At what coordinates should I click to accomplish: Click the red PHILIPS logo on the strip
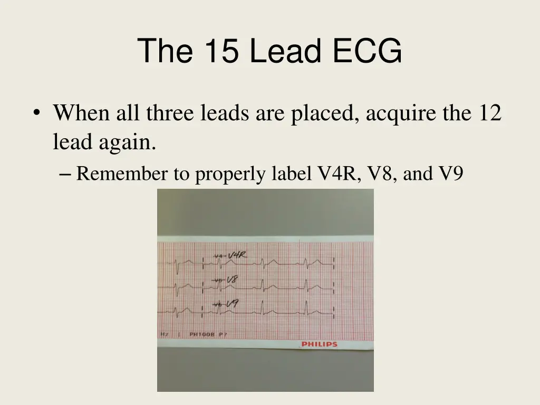click(319, 344)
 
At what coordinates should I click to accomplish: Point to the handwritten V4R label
click(237, 256)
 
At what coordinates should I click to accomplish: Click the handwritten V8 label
click(232, 280)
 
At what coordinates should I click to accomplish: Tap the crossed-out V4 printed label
click(218, 256)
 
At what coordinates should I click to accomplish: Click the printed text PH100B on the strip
click(202, 335)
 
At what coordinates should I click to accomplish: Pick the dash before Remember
click(66, 173)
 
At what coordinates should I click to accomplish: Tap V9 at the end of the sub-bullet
click(451, 173)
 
